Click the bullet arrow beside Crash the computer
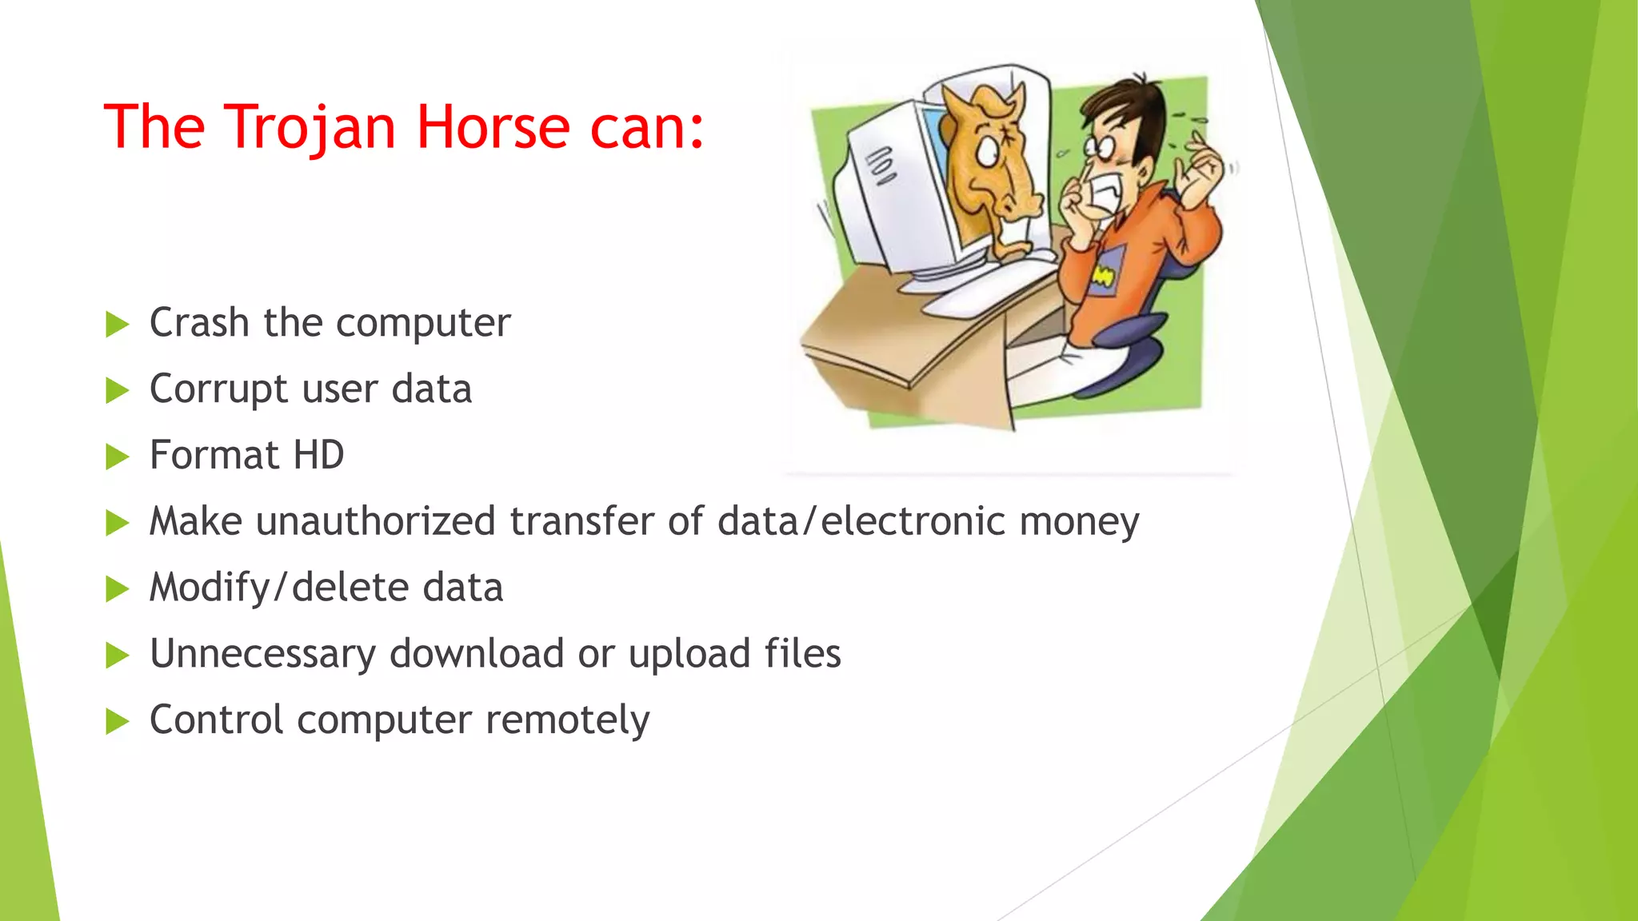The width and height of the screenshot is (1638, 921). click(117, 325)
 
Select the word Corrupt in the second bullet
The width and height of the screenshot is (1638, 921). click(218, 389)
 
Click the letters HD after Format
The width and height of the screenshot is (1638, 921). click(318, 455)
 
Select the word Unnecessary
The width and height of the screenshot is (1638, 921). click(262, 654)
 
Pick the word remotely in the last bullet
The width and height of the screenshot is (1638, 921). click(567, 720)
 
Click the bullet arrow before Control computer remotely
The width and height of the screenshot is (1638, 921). click(117, 722)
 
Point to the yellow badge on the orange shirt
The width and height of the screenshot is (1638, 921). click(1103, 277)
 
